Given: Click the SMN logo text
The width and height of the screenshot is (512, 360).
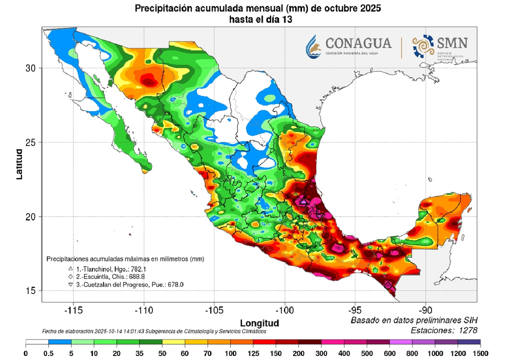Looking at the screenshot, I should tap(451, 43).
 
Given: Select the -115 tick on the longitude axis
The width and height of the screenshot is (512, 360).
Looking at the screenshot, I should tap(73, 309).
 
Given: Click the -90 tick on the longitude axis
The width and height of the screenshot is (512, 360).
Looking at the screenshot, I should tap(425, 309).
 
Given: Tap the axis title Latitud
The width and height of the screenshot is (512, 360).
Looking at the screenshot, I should tap(19, 163).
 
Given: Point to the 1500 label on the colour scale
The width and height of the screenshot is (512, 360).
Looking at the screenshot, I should tap(480, 353).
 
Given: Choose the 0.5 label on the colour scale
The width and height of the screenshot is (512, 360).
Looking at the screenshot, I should tap(48, 353).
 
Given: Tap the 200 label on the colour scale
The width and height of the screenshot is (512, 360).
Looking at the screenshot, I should tap(298, 353).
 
